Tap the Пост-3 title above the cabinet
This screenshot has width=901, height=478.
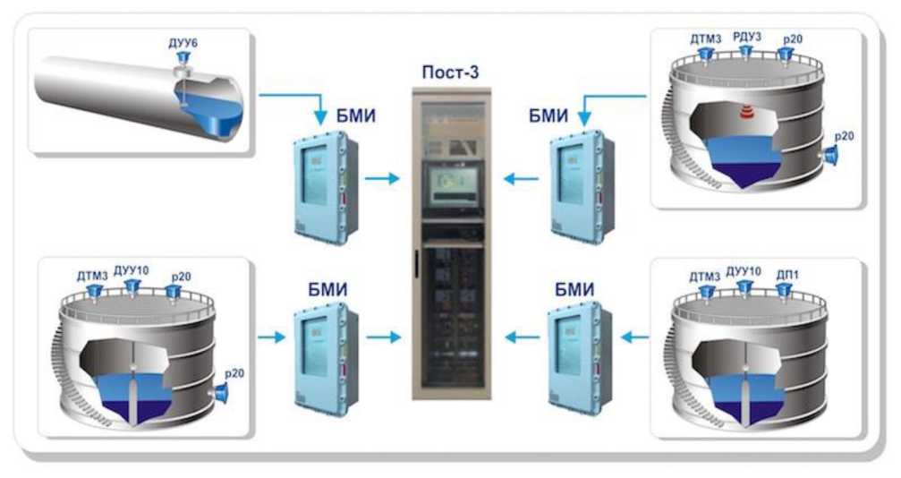[x=448, y=72]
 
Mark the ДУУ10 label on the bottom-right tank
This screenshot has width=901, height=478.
[x=743, y=272]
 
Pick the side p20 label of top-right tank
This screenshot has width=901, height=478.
[x=845, y=137]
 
